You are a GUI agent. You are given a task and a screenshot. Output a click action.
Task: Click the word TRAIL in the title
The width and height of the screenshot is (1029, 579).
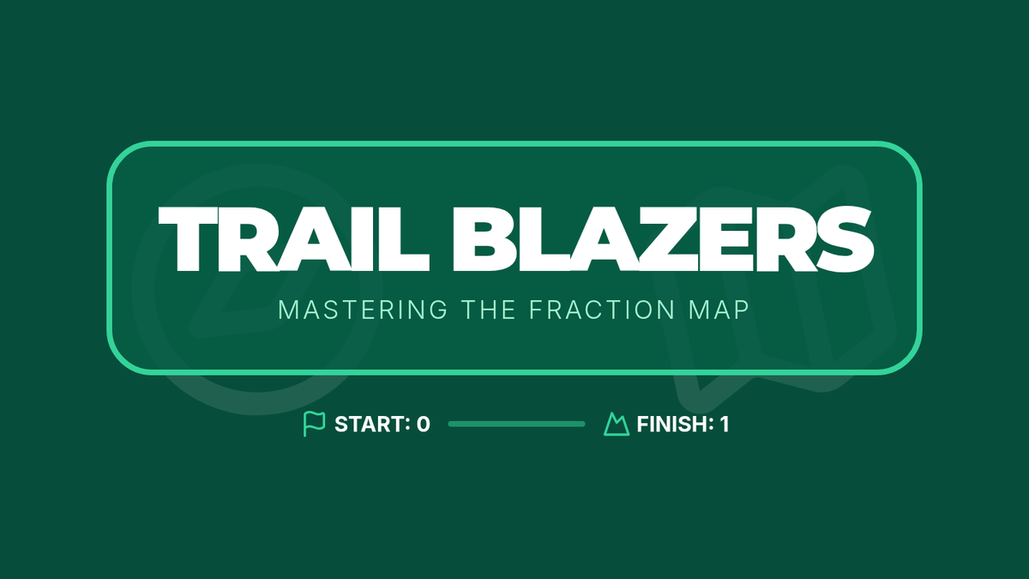(x=294, y=239)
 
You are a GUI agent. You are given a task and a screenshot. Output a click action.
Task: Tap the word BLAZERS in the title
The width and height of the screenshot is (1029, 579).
(x=664, y=239)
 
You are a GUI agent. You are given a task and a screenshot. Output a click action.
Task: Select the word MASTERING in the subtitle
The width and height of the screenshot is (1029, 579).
(x=363, y=310)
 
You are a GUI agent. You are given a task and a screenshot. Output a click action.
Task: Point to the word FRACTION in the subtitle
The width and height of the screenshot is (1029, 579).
(x=602, y=310)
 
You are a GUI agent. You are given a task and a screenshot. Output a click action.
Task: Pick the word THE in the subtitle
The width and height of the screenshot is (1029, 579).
(x=489, y=310)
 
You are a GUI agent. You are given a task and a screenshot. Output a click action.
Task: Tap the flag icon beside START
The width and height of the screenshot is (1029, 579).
(x=314, y=424)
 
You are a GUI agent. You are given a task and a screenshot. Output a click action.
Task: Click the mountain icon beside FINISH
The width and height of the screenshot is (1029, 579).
(x=617, y=424)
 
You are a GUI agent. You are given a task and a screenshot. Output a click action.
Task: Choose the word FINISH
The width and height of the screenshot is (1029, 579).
(x=675, y=424)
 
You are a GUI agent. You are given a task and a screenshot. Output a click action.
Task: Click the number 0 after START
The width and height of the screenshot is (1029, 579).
(x=423, y=424)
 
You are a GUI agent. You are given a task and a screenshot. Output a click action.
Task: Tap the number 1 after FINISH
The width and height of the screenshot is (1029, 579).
(x=725, y=424)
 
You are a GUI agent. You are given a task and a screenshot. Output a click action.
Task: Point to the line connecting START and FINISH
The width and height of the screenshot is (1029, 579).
(x=517, y=424)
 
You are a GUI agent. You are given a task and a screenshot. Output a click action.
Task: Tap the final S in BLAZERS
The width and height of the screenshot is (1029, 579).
(x=845, y=239)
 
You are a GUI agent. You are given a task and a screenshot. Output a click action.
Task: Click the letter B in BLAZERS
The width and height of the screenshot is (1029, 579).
(x=480, y=239)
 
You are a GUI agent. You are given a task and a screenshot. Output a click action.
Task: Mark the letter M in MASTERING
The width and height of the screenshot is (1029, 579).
(x=288, y=310)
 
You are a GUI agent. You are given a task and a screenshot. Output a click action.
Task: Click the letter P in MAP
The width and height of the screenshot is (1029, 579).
(x=743, y=310)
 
